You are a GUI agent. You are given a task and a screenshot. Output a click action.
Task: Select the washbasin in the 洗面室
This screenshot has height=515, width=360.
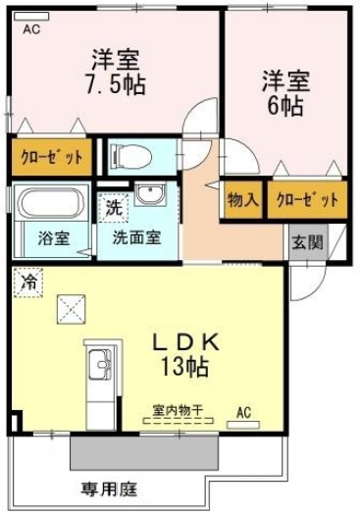click(x=150, y=195)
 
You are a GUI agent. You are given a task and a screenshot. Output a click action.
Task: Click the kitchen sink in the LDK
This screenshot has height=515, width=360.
click(x=101, y=365)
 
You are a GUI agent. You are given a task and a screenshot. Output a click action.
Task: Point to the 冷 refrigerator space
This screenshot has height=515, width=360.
click(x=28, y=283)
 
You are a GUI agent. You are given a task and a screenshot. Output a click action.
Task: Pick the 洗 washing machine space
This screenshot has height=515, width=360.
click(x=114, y=208)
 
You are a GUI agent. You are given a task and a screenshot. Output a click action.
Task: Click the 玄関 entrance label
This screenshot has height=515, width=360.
click(x=308, y=242)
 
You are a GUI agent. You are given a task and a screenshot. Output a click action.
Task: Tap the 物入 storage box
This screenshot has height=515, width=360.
click(x=243, y=200)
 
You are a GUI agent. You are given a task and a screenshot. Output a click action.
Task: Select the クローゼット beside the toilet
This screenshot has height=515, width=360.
click(x=52, y=158)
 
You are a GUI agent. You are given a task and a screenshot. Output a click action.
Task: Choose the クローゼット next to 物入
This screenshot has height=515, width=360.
click(x=307, y=200)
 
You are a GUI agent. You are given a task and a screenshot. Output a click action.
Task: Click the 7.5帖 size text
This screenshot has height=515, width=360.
click(x=116, y=85)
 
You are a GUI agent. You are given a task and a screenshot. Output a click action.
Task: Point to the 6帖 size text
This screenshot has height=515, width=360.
click(x=285, y=106)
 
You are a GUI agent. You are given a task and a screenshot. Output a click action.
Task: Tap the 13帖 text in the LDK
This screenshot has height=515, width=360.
click(x=184, y=366)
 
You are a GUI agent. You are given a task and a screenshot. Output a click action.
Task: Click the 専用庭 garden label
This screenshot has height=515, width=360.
click(x=109, y=489)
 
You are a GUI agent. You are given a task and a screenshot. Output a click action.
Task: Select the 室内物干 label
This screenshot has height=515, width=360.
click(x=178, y=411)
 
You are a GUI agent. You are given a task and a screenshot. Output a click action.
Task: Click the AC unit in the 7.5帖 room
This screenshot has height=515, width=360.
click(x=31, y=16)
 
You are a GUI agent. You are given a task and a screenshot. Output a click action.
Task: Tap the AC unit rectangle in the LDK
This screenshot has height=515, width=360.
click(x=243, y=425)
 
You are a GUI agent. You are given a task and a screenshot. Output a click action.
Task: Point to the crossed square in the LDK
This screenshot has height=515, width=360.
click(x=72, y=309)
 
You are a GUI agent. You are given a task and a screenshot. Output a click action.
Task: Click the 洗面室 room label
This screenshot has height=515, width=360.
click(x=137, y=237)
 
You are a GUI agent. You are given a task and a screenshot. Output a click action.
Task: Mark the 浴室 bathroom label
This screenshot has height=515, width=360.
click(x=54, y=238)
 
